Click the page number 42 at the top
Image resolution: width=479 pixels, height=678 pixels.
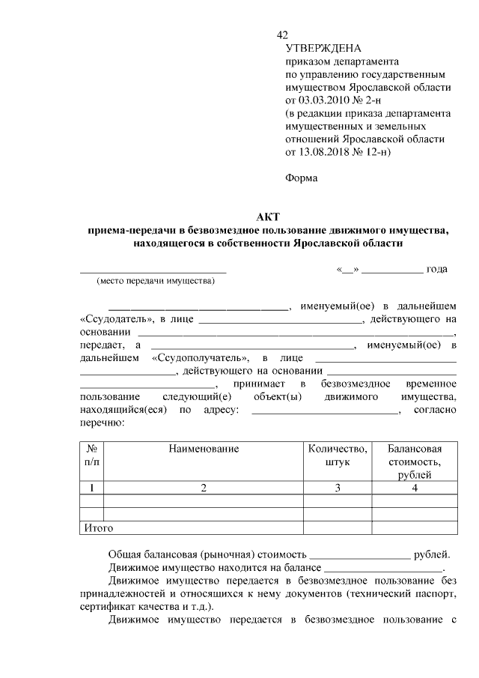point(282,35)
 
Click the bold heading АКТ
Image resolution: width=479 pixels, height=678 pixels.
point(267,217)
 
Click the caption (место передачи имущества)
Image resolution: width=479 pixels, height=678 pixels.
point(154,282)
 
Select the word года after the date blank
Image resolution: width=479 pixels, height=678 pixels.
point(436,269)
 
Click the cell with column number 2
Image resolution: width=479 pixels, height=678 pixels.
point(204,488)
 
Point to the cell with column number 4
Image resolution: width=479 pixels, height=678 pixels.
point(414,488)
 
